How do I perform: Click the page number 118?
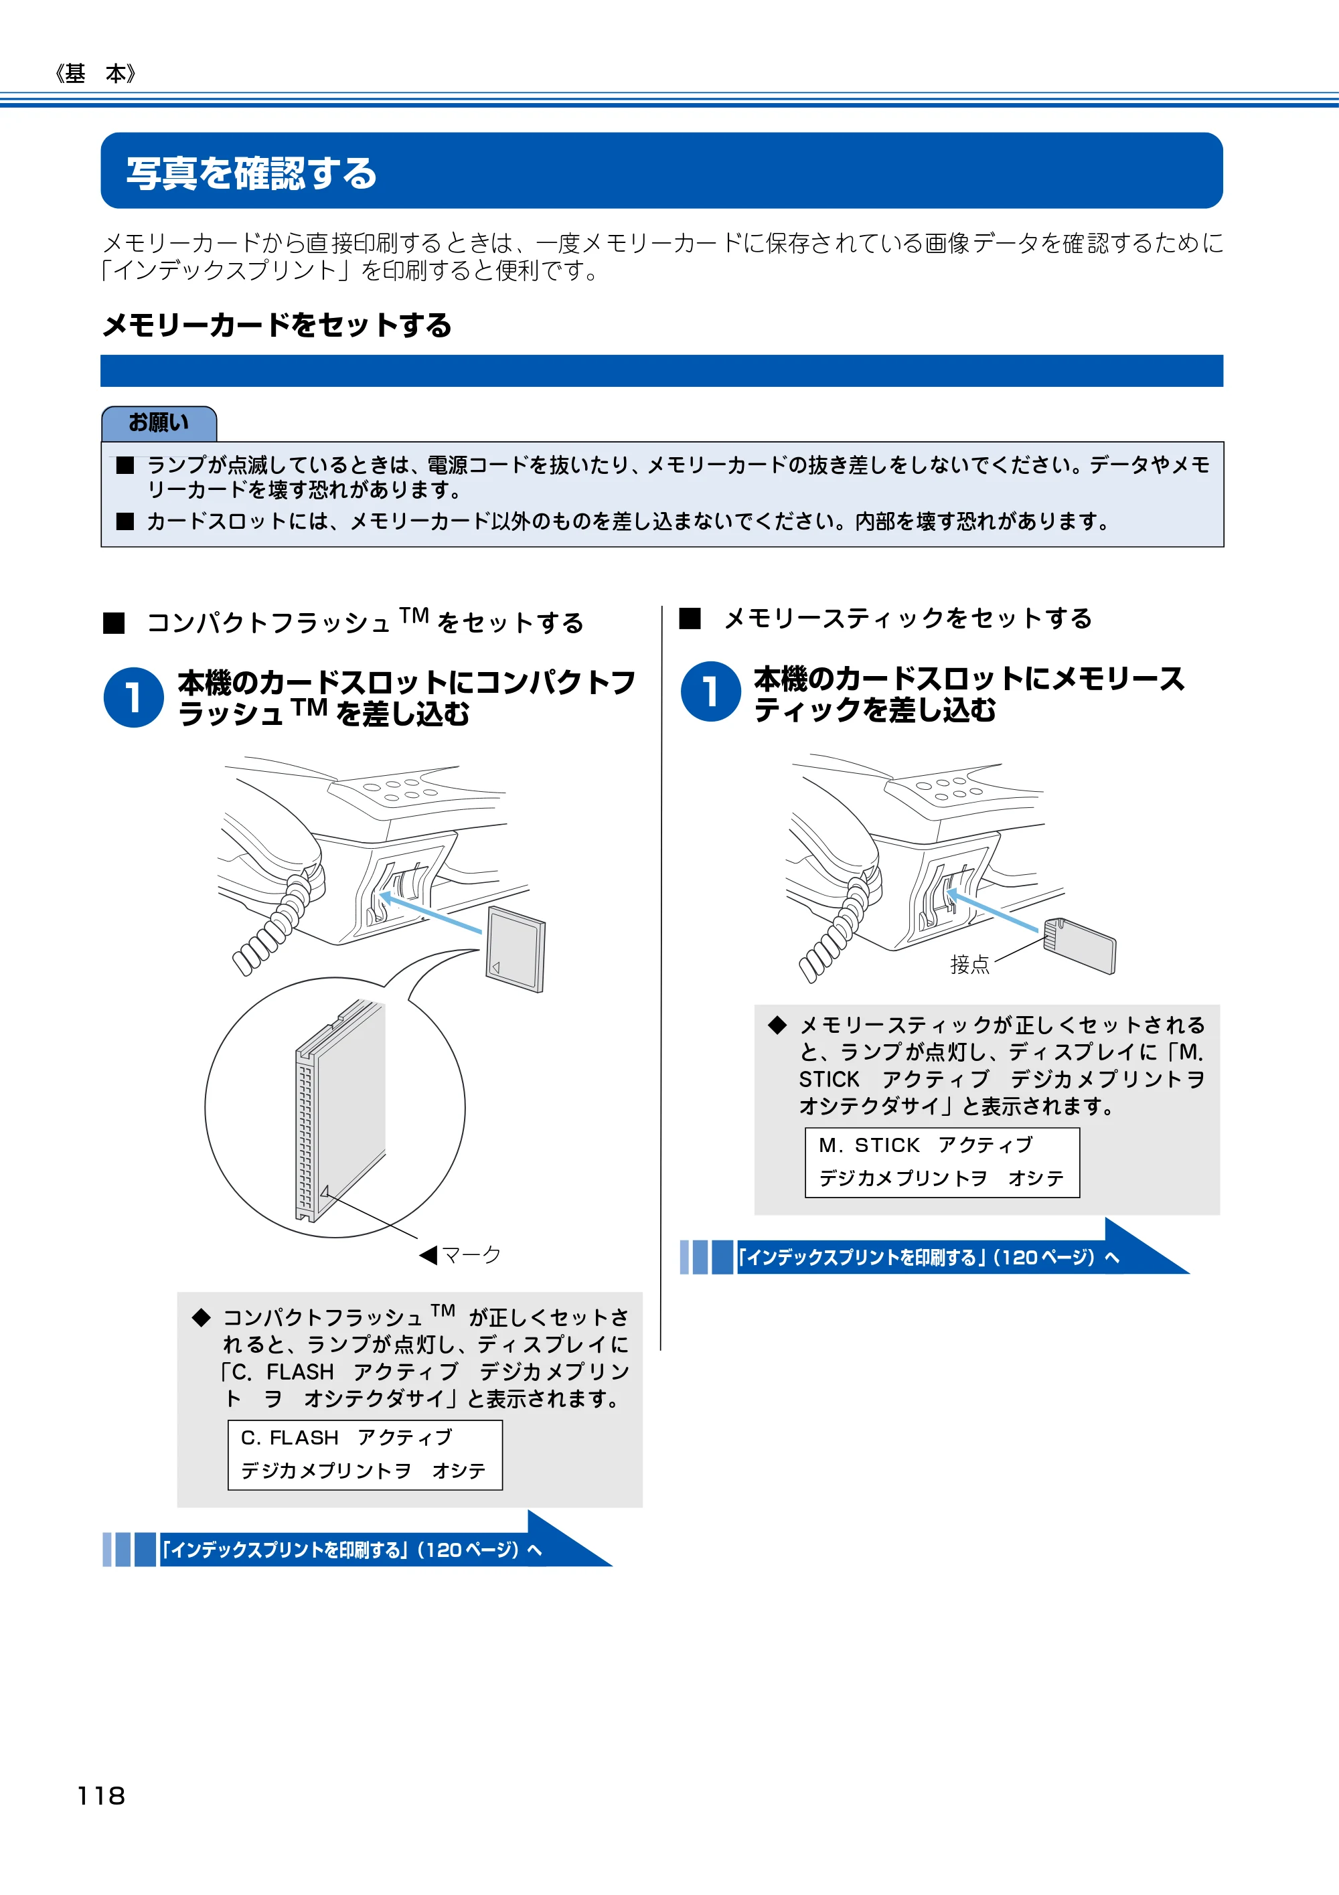pyautogui.click(x=100, y=1795)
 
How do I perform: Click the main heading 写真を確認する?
pyautogui.click(x=252, y=173)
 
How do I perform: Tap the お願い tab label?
pyautogui.click(x=159, y=422)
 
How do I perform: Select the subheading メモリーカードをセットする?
pyautogui.click(x=277, y=325)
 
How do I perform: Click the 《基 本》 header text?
pyautogui.click(x=96, y=74)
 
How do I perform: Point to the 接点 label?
pyautogui.click(x=969, y=964)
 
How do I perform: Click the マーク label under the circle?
pyautogui.click(x=460, y=1255)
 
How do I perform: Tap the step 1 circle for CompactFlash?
pyautogui.click(x=134, y=697)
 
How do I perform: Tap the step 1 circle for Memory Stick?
pyautogui.click(x=710, y=691)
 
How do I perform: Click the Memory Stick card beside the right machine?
pyautogui.click(x=1079, y=945)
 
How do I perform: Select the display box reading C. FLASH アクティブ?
pyautogui.click(x=365, y=1455)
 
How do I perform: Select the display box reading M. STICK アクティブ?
pyautogui.click(x=942, y=1162)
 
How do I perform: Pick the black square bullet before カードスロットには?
pyautogui.click(x=125, y=521)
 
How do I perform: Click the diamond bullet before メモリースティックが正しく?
pyautogui.click(x=777, y=1025)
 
